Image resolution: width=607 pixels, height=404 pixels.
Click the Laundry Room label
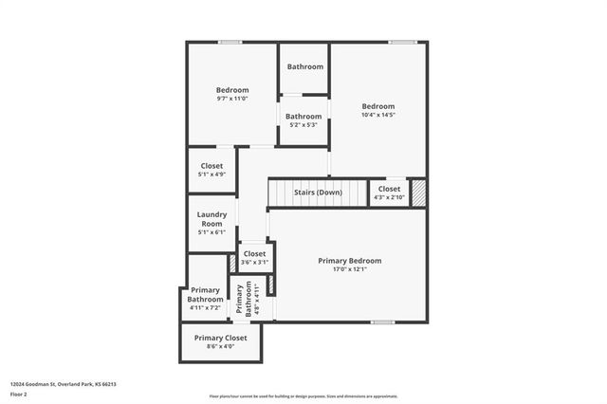(x=212, y=219)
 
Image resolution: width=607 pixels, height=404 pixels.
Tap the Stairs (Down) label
(x=317, y=193)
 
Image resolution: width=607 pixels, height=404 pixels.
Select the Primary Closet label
(x=220, y=338)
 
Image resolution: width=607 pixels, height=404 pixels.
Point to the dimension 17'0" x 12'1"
(x=350, y=269)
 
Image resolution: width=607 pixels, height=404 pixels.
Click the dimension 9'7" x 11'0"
(x=232, y=99)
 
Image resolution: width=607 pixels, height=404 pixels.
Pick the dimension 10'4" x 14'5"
(x=377, y=115)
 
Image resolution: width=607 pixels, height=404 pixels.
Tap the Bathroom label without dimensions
(x=304, y=66)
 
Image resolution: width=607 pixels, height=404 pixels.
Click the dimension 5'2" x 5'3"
(x=304, y=125)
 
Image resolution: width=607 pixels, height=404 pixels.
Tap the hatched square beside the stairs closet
(x=418, y=191)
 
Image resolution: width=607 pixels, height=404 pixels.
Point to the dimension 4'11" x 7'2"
(x=205, y=307)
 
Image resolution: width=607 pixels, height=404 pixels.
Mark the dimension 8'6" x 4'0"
(x=220, y=347)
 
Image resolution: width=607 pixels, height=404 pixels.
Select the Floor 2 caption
(x=19, y=394)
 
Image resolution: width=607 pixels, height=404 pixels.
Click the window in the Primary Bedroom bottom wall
(x=382, y=322)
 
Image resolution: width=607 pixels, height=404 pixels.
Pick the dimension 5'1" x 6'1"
(x=212, y=231)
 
